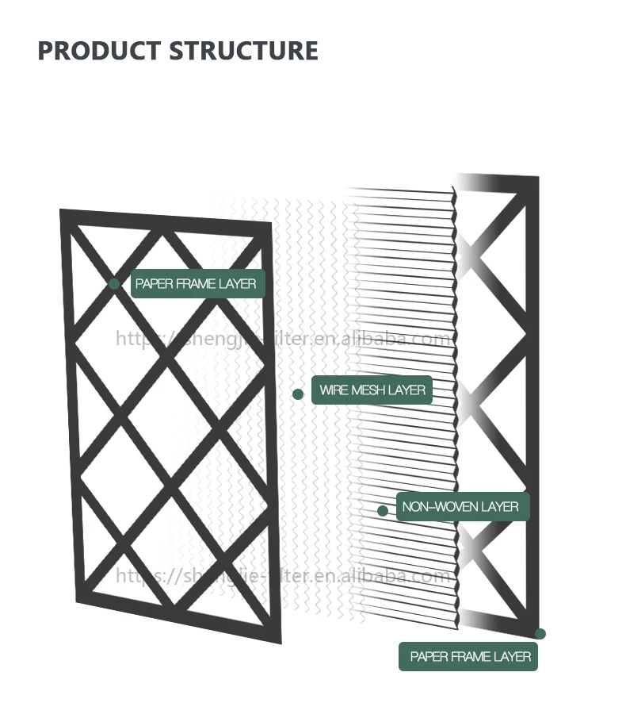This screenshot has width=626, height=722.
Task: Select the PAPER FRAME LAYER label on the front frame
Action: point(196,283)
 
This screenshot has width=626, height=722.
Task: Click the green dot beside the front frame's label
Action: point(115,283)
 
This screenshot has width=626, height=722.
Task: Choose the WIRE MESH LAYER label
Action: point(372,390)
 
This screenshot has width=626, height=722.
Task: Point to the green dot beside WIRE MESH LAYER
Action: point(298,394)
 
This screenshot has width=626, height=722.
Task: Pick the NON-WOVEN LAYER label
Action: point(460,506)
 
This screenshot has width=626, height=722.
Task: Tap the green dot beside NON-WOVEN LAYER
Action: point(383,511)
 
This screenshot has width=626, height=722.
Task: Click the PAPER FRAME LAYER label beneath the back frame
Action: point(470,657)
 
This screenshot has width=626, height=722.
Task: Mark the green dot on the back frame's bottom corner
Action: point(540,633)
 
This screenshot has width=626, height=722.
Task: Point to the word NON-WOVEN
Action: point(437,506)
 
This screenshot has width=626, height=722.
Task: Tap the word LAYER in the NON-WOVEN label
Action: point(498,506)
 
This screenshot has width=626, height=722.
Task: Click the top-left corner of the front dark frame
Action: point(62,211)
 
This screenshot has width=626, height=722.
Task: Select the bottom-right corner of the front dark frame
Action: point(280,641)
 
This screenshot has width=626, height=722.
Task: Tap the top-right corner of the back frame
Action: point(537,179)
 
